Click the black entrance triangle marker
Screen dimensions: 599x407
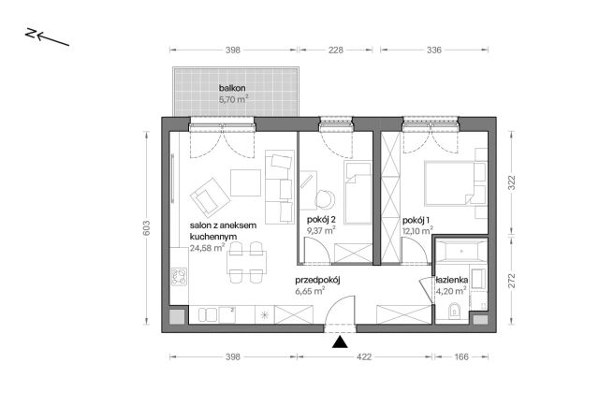tap(340, 342)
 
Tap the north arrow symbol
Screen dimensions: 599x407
tap(47, 36)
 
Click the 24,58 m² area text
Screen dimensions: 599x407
tap(207, 248)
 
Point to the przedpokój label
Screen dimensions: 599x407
tap(317, 281)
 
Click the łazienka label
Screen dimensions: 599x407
tap(451, 281)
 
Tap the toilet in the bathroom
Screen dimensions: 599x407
tap(454, 311)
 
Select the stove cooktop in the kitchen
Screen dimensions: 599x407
tap(179, 276)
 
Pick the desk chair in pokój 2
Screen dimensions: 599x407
tap(325, 199)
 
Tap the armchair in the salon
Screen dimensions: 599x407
tap(210, 197)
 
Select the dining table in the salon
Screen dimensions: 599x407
tap(247, 262)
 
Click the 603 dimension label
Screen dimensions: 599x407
tap(147, 228)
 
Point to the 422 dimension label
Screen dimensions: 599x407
tap(364, 357)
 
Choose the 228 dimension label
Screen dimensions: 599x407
tap(336, 50)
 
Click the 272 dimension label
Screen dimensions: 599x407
tap(512, 281)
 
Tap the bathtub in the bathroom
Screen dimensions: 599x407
tap(461, 252)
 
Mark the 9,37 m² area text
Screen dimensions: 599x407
tap(321, 230)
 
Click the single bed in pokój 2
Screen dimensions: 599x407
tap(358, 192)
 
